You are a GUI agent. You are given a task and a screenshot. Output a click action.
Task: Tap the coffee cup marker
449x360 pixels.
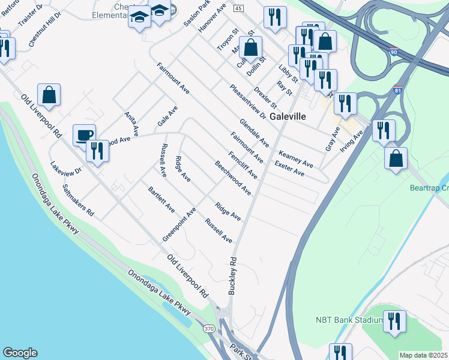[x=84, y=134]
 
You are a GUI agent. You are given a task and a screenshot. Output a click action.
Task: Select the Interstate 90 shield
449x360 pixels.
[x=393, y=52]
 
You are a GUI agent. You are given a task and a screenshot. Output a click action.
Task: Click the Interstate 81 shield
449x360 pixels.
[x=398, y=90]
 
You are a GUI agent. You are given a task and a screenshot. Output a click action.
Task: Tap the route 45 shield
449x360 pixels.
[x=239, y=8]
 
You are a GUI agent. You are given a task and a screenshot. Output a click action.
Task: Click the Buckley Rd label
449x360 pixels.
[x=232, y=277]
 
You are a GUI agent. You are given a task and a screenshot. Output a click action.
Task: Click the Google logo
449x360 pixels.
[x=20, y=353]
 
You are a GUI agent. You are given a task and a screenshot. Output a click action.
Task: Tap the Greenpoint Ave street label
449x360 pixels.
[x=179, y=225]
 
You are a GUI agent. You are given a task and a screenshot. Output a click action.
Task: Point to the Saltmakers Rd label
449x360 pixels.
[x=79, y=200]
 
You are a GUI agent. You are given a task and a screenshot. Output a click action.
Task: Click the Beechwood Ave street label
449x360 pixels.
[x=233, y=178]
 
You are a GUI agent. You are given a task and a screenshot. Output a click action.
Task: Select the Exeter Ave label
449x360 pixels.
[x=289, y=169]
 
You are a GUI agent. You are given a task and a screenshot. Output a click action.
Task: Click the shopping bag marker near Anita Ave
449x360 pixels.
[x=49, y=94]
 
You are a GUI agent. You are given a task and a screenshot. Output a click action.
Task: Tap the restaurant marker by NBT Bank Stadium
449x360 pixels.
[x=394, y=321]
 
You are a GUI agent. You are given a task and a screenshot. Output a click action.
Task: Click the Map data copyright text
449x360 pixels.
[x=424, y=355]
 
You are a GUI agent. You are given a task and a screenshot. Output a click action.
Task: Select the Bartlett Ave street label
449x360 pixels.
[x=161, y=200]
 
